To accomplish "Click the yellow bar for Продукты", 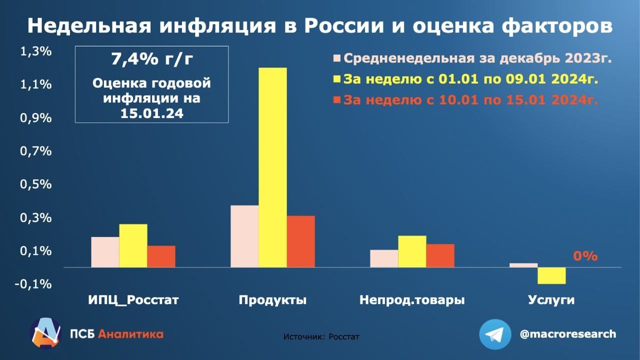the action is click(x=273, y=167).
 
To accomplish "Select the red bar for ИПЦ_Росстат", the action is click(x=161, y=256).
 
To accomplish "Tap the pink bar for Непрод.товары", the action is click(x=384, y=258).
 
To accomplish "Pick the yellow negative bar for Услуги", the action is click(x=551, y=275).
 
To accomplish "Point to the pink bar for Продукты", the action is click(x=245, y=236).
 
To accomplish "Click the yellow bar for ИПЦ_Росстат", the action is click(x=133, y=245).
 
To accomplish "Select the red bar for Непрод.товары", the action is click(x=440, y=255).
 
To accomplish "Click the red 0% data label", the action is click(x=585, y=256).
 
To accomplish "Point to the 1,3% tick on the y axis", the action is click(x=35, y=51).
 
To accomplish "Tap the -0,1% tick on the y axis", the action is click(x=33, y=284).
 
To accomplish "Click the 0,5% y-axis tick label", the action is click(x=35, y=184).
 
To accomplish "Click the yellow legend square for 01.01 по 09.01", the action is click(x=337, y=79).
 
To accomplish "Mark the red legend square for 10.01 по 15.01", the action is click(x=337, y=100).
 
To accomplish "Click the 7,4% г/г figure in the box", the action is click(x=152, y=59).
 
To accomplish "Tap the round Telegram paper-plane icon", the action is click(x=495, y=334).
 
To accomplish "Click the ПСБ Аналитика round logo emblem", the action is click(x=45, y=333).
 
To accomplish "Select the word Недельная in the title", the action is click(x=89, y=26).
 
